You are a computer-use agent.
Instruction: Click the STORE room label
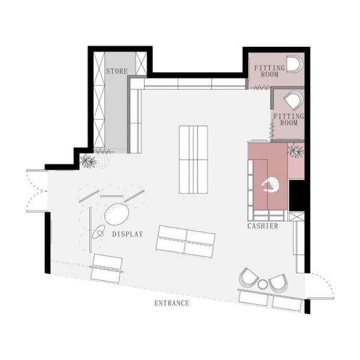(x=116, y=71)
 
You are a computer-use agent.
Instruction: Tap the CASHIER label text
(x=263, y=226)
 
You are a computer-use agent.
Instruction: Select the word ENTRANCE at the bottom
(x=172, y=303)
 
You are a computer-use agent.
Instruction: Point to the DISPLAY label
(x=127, y=234)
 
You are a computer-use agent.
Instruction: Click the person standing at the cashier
(x=271, y=184)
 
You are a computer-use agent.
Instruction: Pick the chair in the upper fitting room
(x=295, y=64)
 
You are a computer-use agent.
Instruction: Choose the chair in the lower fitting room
(x=293, y=100)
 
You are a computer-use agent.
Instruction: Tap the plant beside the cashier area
(x=296, y=151)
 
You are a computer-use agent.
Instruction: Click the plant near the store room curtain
(x=88, y=161)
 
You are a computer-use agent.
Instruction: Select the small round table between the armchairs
(x=262, y=284)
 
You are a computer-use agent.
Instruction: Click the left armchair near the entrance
(x=249, y=277)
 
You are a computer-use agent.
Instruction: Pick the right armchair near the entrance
(x=278, y=283)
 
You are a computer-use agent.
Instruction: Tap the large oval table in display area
(x=116, y=214)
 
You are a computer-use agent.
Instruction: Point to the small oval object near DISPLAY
(x=99, y=232)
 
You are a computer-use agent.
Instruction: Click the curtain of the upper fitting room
(x=260, y=88)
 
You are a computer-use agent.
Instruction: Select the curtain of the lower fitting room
(x=272, y=131)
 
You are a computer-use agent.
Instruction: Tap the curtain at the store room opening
(x=104, y=151)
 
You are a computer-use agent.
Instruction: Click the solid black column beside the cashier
(x=296, y=196)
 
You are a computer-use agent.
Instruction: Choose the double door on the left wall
(x=37, y=191)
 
